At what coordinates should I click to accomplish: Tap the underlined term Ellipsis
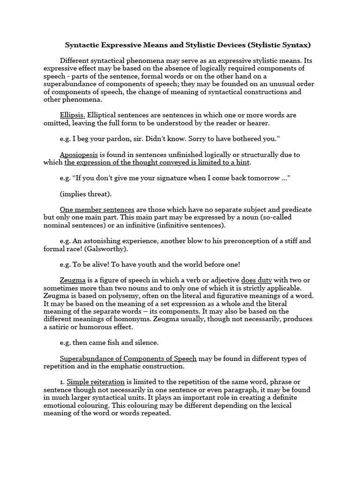coord(73,115)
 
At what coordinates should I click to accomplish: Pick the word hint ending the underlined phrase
coord(242,162)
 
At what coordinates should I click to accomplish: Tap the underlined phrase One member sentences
coord(97,210)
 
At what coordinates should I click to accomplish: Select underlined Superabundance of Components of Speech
coord(128,359)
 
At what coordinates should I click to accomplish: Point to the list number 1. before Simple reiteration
coord(62,382)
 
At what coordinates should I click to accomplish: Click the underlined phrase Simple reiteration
coord(96,382)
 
